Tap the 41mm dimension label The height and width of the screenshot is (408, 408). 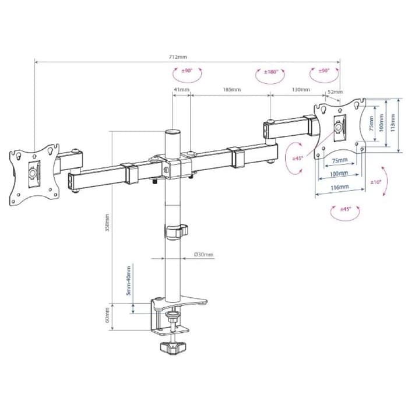tap(181, 90)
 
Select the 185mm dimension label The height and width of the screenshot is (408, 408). tap(231, 90)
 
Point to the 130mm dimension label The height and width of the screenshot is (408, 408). tap(301, 90)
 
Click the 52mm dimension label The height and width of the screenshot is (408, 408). tap(336, 92)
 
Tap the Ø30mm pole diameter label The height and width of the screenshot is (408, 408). tap(204, 255)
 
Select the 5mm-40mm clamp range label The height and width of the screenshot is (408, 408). tap(129, 280)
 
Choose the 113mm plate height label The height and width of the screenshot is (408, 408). tap(392, 124)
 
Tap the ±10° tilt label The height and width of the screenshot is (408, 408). tap(375, 182)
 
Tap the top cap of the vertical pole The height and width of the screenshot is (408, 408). tap(173, 132)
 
